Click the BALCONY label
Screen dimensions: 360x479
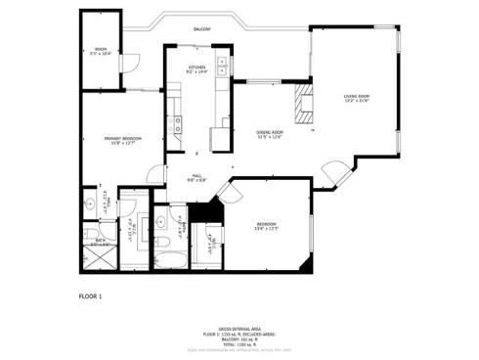201,30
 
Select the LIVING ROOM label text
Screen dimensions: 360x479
356,98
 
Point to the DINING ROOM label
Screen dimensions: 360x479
269,134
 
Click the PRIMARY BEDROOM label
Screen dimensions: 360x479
122,141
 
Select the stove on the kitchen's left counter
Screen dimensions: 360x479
177,124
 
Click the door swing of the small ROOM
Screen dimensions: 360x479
124,63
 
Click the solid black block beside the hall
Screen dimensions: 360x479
202,211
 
